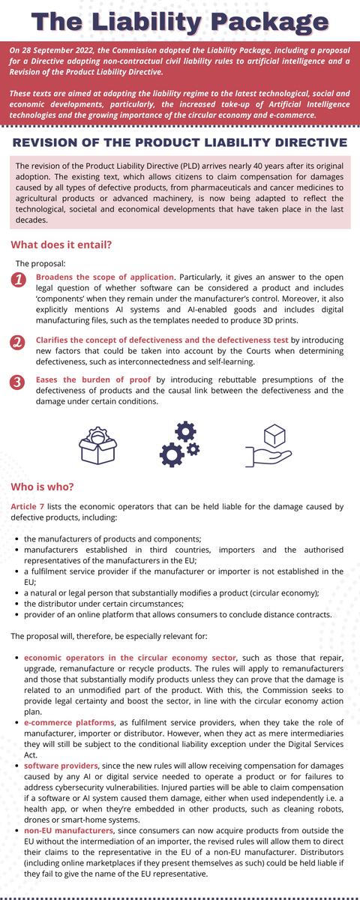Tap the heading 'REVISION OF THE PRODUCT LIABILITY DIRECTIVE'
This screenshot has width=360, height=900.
pyautogui.click(x=180, y=142)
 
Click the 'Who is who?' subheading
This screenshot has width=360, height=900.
pyautogui.click(x=42, y=487)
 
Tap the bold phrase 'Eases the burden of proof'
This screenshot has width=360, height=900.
pyautogui.click(x=94, y=379)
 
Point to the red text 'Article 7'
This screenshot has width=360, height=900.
pyautogui.click(x=28, y=506)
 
